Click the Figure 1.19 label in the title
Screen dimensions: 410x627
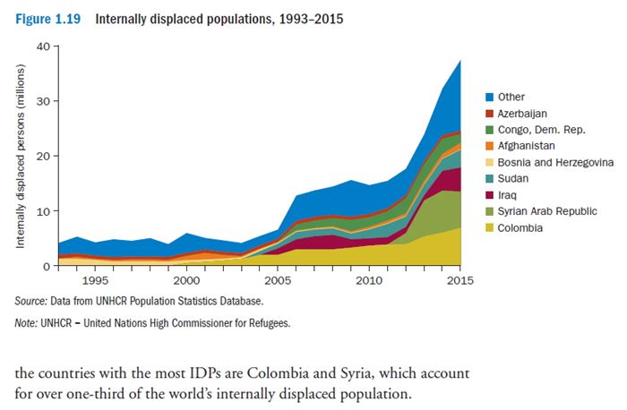click(47, 18)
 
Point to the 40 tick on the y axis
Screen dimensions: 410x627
click(41, 46)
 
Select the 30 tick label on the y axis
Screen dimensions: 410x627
click(41, 101)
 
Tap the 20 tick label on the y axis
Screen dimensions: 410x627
click(41, 156)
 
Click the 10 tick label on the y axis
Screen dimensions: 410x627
click(41, 211)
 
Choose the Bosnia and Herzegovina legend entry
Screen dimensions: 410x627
click(555, 161)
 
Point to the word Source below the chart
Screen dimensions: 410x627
click(32, 300)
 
